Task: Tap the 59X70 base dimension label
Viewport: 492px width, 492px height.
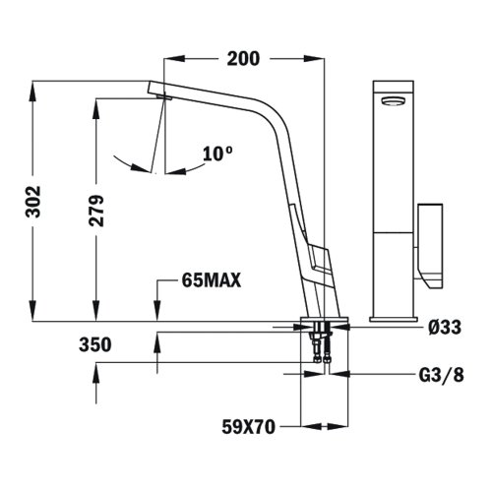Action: click(247, 427)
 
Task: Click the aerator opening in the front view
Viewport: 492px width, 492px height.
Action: click(392, 98)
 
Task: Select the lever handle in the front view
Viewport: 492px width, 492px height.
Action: click(431, 241)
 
